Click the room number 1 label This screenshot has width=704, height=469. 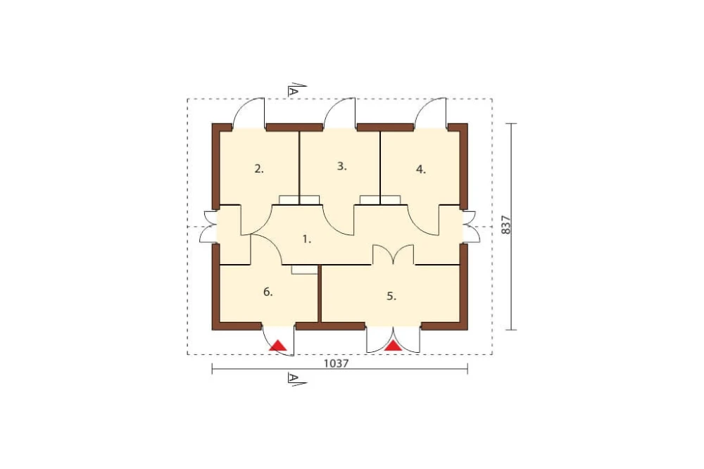point(307,239)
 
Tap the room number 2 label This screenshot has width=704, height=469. point(259,169)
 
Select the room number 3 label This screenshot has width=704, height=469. point(341,166)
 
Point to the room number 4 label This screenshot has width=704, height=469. point(421,170)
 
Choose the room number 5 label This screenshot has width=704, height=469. point(391,296)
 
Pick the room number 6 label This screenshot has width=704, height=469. point(268,292)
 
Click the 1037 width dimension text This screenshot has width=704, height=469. point(337,363)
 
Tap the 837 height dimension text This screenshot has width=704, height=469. point(505,225)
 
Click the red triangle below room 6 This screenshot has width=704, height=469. point(278,345)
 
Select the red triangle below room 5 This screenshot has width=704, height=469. point(394,345)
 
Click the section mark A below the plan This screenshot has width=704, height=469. point(295,379)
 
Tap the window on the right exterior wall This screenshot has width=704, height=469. point(470,227)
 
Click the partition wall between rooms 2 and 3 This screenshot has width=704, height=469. point(299,168)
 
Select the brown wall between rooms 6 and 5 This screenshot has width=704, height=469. point(320,294)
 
